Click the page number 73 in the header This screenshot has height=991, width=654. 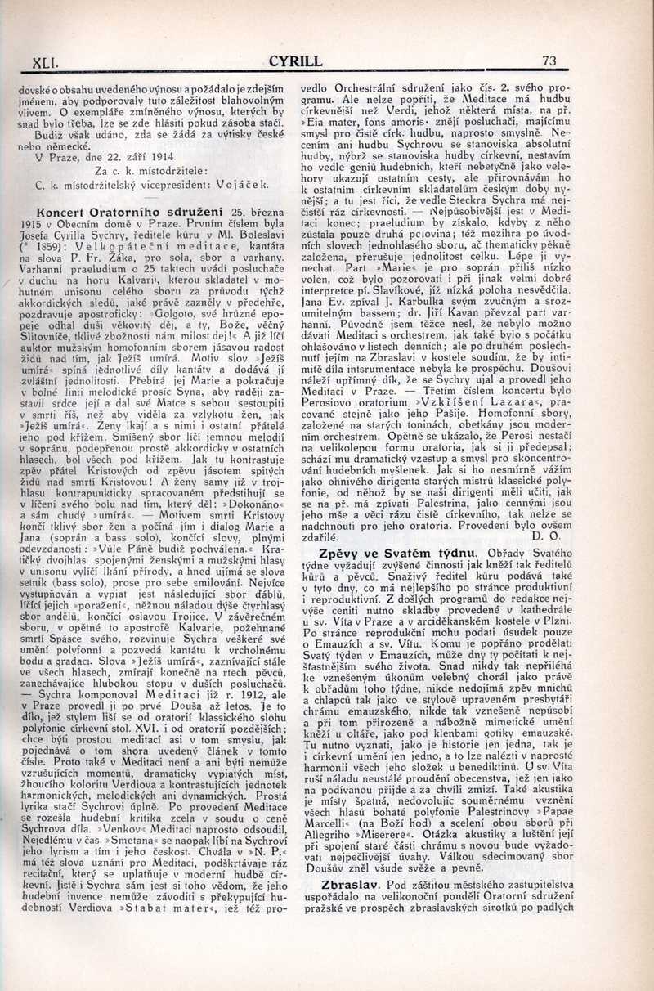coord(549,61)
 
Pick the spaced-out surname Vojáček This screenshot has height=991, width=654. coord(243,186)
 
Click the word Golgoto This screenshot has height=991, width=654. coord(172,312)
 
